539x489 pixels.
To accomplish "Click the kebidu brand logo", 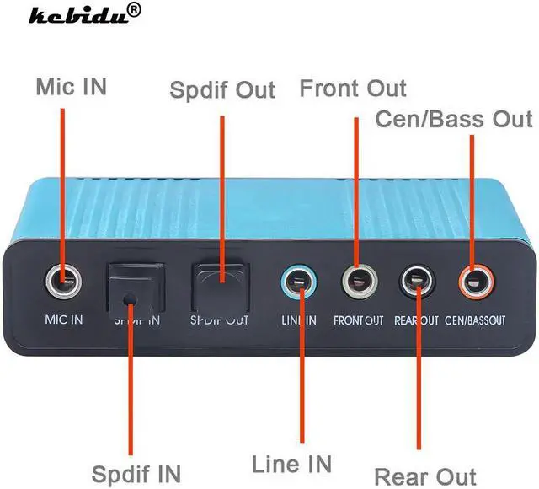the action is point(75,15).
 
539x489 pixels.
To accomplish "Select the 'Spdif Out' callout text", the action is point(222,90).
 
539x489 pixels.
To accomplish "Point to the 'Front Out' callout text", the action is point(353,88).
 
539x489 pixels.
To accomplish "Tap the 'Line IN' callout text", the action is point(291,463).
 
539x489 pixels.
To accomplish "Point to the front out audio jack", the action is point(358,282).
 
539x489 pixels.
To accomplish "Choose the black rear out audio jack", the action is point(416,282).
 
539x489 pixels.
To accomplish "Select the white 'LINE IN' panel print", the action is point(299,321).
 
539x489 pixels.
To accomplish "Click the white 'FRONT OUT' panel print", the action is point(359,321).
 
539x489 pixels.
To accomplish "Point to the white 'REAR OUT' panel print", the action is point(417,321).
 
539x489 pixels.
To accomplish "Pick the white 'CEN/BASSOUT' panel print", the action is point(475,321).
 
